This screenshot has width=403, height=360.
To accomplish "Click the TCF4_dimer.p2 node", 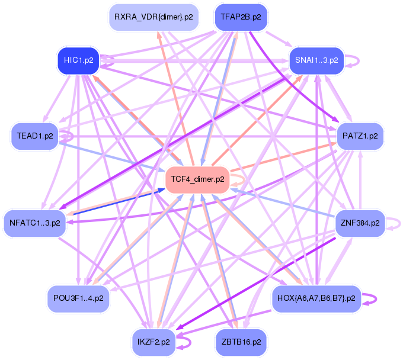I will tap(197, 178).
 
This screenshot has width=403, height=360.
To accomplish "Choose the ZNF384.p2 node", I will tap(360, 223).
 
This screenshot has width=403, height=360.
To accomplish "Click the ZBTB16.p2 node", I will tap(241, 342).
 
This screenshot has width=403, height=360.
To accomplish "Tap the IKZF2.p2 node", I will tap(153, 342).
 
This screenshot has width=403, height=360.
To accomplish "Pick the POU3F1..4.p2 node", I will tap(78, 298).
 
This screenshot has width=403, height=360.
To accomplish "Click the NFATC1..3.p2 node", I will tap(34, 223).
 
